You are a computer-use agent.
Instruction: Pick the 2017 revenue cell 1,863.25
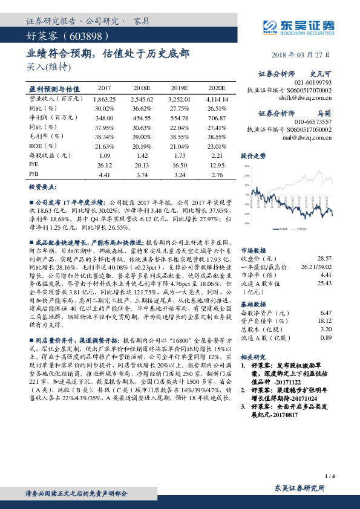pos(105,98)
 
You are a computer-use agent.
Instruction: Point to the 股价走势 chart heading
pos(254,155)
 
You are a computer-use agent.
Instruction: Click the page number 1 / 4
pos(330,477)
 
